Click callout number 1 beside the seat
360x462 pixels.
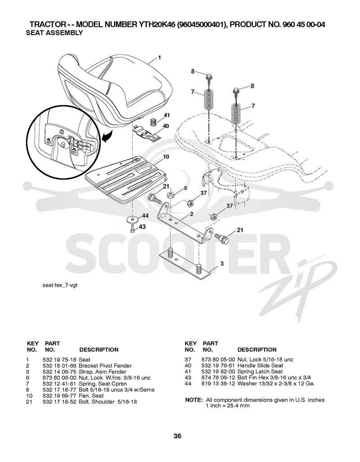[x=159, y=58]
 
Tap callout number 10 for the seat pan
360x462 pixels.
[x=166, y=157]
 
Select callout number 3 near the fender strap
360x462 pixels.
[x=222, y=264]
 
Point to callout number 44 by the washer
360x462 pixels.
[x=145, y=216]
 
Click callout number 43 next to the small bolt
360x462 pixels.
[x=142, y=227]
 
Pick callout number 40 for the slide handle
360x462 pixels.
[x=166, y=126]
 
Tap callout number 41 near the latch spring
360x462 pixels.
[x=167, y=115]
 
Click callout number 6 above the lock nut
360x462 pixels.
[x=185, y=188]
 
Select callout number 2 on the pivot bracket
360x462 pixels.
[x=192, y=214]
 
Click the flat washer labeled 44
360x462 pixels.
[x=132, y=220]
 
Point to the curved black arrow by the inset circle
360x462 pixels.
[x=106, y=136]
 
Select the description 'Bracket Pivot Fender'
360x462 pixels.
[x=105, y=366]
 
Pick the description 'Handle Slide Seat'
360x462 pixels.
[x=260, y=366]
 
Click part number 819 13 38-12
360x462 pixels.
[x=218, y=384]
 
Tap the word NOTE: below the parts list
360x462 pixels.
[x=193, y=400]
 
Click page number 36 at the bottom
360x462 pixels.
[x=177, y=436]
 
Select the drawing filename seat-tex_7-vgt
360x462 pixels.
[x=60, y=285]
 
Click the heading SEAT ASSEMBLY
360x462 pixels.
[x=54, y=33]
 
